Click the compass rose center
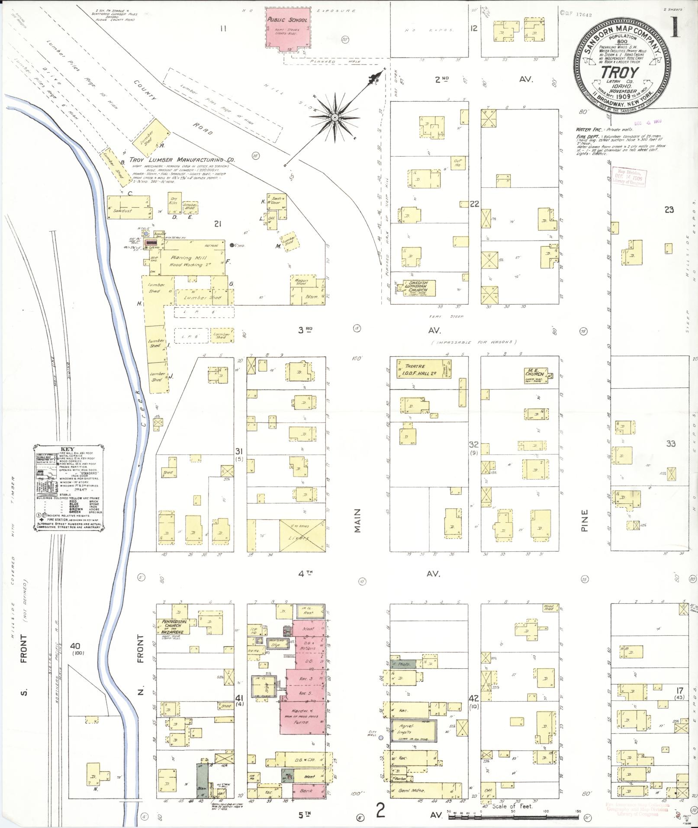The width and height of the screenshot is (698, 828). (335, 117)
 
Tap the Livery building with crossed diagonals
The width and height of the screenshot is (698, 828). (302, 536)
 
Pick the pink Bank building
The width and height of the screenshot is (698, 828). (306, 791)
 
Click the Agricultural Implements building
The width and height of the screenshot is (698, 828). (413, 731)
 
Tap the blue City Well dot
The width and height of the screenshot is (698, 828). (381, 738)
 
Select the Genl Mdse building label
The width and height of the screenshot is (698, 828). (408, 791)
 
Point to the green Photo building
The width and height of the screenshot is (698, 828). (402, 675)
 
